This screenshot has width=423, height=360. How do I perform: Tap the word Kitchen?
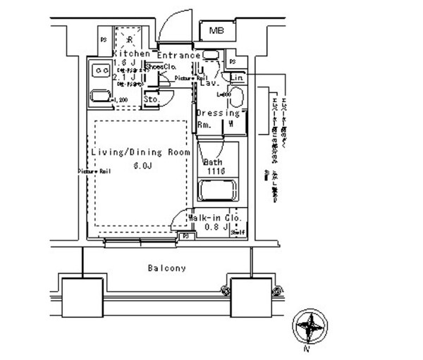point(130,54)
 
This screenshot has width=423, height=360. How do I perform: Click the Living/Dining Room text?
point(140,152)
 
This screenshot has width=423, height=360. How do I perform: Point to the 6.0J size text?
point(142,167)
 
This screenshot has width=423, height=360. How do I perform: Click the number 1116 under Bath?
point(215,171)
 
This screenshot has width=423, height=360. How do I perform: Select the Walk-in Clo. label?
point(216,218)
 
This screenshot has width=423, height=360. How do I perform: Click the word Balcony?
point(167,268)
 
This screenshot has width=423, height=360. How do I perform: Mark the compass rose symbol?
point(309,328)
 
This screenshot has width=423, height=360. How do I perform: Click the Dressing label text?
point(218,113)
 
